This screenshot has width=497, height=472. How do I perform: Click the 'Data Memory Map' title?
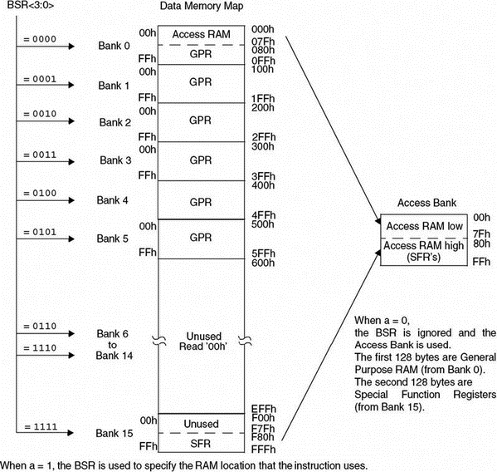click(x=202, y=6)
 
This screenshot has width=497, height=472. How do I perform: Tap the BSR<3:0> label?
click(x=31, y=5)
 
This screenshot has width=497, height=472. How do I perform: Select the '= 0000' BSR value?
click(x=40, y=39)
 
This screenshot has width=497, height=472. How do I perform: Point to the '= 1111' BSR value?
click(x=41, y=426)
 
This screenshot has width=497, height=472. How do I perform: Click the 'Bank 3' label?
click(x=115, y=160)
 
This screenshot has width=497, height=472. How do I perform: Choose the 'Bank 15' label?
click(x=115, y=433)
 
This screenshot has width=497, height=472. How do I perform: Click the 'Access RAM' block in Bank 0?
click(x=202, y=35)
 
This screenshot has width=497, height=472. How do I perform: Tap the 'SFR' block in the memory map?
click(x=202, y=443)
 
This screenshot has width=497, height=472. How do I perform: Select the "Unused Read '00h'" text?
click(x=202, y=342)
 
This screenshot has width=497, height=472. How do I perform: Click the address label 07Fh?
click(x=263, y=42)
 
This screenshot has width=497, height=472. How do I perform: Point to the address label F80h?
click(x=263, y=437)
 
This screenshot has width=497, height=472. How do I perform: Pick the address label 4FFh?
click(x=263, y=215)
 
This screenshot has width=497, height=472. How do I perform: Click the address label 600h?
click(x=263, y=263)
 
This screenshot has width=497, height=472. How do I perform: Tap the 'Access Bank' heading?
click(x=427, y=203)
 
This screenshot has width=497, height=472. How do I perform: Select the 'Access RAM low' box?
click(x=424, y=226)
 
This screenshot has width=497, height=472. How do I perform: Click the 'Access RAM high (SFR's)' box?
click(x=424, y=252)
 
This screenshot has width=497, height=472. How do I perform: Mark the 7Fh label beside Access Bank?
click(x=481, y=234)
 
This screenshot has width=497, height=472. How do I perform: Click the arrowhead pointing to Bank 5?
click(x=71, y=238)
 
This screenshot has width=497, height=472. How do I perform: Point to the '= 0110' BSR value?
click(x=40, y=326)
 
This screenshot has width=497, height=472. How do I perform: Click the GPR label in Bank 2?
click(x=200, y=120)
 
